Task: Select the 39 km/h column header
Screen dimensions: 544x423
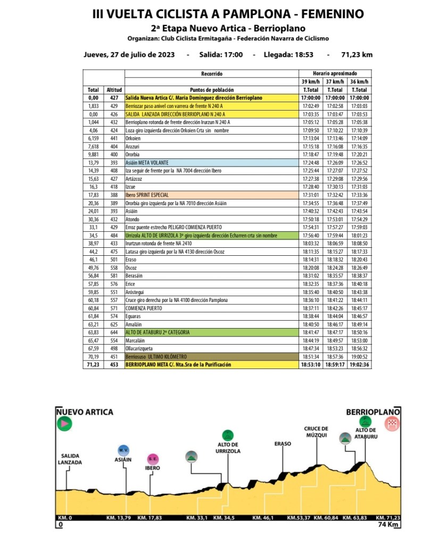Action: pos(310,81)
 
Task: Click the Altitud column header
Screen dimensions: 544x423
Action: pos(114,90)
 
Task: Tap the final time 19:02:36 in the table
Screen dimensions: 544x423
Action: pos(359,365)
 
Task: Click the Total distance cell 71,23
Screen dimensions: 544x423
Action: pos(94,365)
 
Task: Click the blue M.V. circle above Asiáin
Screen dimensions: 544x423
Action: pos(123,449)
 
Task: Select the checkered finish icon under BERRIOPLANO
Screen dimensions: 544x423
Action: pos(393,424)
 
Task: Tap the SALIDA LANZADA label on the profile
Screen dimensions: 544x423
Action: pos(71,459)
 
